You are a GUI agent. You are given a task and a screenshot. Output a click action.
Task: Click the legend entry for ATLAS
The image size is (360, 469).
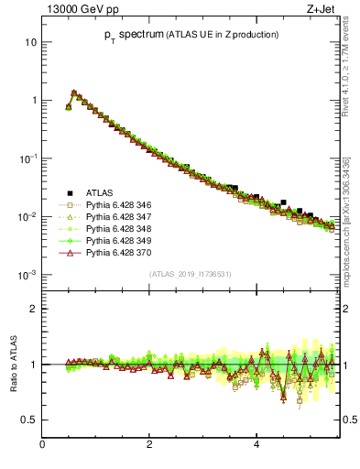99,192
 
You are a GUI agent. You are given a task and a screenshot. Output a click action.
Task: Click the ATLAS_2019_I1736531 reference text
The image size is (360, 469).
190,274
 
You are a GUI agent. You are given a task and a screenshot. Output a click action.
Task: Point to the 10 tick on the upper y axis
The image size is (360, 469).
31,42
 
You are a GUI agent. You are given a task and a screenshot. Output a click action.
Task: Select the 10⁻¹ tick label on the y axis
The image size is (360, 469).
28,158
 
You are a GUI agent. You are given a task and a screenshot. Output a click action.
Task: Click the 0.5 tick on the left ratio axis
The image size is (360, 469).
30,420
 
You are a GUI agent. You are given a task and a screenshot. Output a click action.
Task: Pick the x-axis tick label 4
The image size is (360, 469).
256,446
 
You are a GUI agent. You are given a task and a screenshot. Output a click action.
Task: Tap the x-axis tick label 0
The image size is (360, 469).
42,446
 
